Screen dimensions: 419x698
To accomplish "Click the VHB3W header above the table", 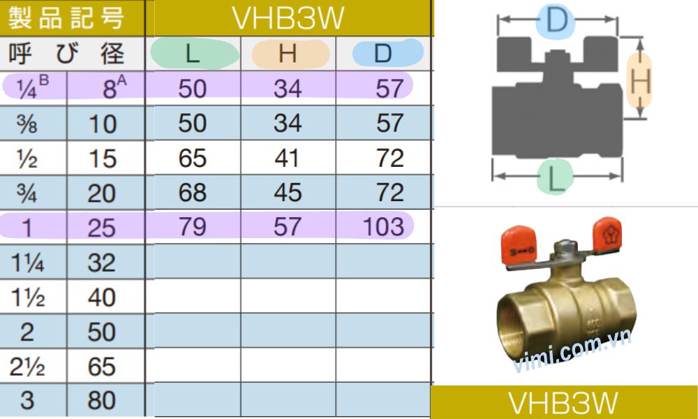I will [x=288, y=19].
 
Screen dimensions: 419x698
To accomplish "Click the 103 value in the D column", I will [x=383, y=226].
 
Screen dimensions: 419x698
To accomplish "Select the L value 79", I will [x=192, y=226].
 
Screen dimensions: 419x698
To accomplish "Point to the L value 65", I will [x=192, y=158].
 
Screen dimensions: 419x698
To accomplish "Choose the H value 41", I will [x=288, y=158].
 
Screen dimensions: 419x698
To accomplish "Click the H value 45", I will [x=288, y=192].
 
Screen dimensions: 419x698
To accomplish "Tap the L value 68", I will [x=192, y=192].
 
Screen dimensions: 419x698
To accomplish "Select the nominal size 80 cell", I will [x=102, y=401].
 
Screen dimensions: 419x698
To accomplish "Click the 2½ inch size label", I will [x=27, y=367].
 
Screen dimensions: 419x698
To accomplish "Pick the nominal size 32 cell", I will [x=102, y=263].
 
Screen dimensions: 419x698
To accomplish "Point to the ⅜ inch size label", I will [x=27, y=124].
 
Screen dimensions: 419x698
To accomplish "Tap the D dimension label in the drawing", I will [x=556, y=20].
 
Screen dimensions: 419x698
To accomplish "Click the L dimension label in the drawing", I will [x=556, y=179].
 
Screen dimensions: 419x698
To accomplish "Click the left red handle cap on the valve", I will [x=517, y=247].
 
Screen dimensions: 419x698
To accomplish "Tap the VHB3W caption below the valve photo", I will [x=563, y=403].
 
